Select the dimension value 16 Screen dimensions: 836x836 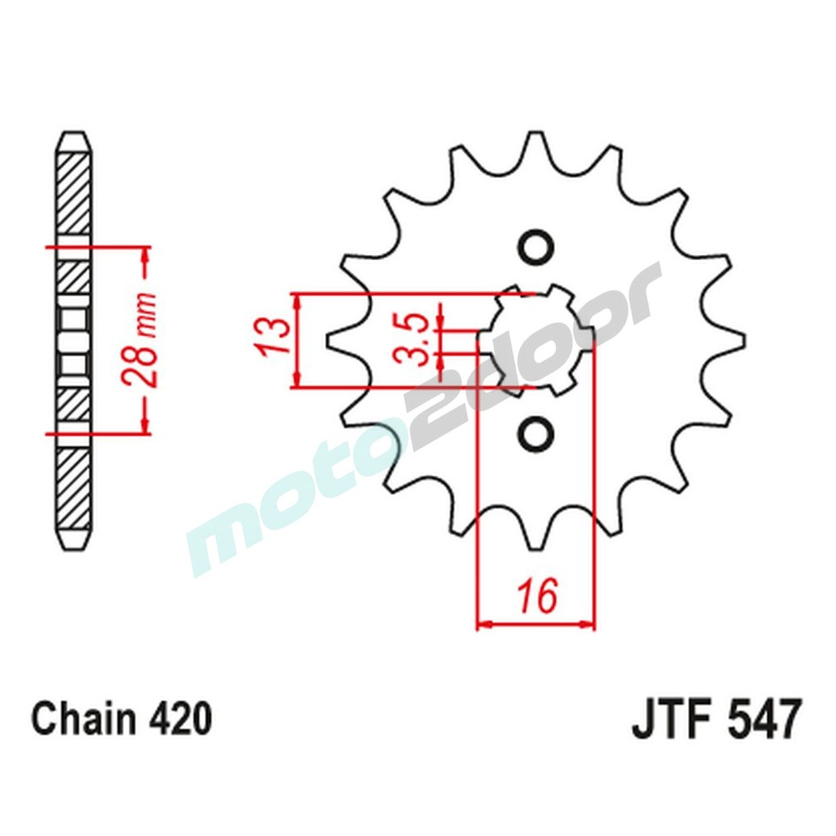pos(536,597)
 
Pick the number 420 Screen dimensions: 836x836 pos(179,719)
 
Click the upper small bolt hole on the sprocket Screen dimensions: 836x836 pos(534,247)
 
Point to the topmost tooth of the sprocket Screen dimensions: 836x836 pos(535,146)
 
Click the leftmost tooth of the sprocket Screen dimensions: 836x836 pos(339,340)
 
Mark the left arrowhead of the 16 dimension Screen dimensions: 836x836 pos(483,624)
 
